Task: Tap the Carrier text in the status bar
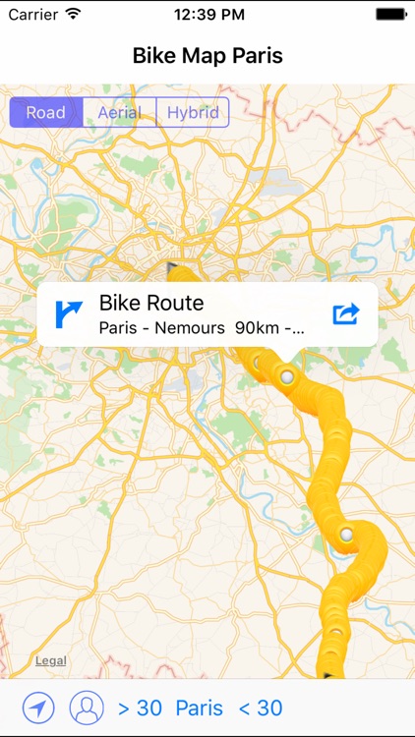coord(32,15)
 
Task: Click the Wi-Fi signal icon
coord(74,15)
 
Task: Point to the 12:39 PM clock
coord(207,15)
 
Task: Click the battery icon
coord(390,15)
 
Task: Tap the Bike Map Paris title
coord(207,56)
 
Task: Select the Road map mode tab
coord(46,112)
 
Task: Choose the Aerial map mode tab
coord(119,112)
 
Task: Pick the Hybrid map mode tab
coord(193,112)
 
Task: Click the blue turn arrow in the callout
coord(69,313)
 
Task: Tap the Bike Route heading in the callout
coord(151,303)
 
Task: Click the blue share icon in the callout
coord(346,313)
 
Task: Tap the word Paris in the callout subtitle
coord(119,329)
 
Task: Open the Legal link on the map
coord(51,661)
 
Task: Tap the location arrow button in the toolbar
coord(39,708)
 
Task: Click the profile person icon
coord(87,708)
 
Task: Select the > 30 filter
coord(140,708)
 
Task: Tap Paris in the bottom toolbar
coord(200,708)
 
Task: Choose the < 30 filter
coord(261,708)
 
